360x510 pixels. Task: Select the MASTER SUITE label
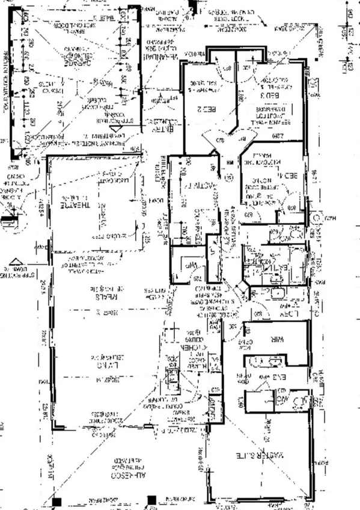tap(260, 455)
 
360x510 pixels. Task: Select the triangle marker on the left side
tap(16, 262)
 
